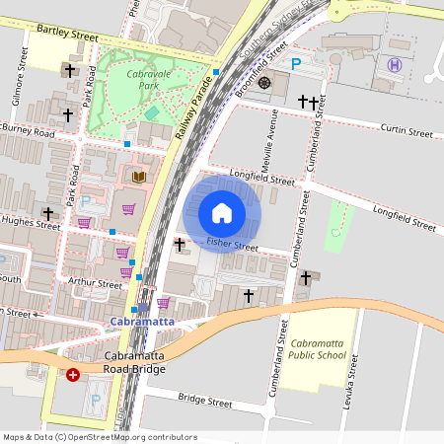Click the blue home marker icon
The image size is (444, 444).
tap(222, 213)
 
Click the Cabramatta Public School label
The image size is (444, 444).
tap(318, 349)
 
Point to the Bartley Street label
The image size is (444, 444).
tap(67, 35)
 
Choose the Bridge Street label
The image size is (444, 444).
tap(204, 402)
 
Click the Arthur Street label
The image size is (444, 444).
tap(95, 283)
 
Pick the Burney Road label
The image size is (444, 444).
tap(29, 129)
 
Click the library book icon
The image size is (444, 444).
tap(138, 177)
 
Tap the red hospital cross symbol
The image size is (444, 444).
tap(73, 375)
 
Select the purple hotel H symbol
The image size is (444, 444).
tap(396, 65)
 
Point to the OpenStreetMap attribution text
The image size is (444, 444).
tap(86, 437)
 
